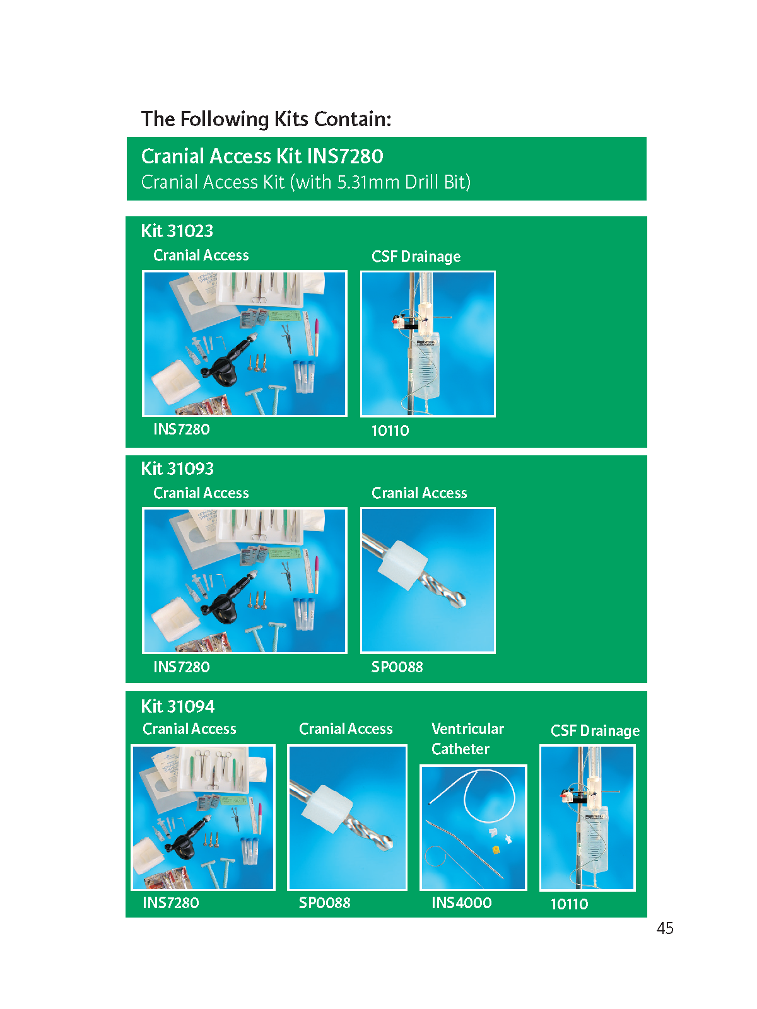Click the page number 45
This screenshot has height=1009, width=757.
[665, 928]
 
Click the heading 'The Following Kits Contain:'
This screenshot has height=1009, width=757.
[266, 119]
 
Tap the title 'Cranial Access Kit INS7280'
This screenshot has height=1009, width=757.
[262, 156]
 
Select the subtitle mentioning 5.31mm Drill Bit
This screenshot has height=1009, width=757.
[306, 182]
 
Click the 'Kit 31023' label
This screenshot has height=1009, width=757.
[177, 231]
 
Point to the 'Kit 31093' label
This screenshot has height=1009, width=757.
[177, 469]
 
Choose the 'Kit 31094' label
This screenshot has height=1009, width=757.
[177, 706]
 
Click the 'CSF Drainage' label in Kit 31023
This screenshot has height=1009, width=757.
[416, 257]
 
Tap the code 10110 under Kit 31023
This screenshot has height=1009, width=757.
[390, 431]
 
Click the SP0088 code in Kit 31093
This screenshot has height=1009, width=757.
[397, 667]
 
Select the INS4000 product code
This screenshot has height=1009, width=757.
[462, 902]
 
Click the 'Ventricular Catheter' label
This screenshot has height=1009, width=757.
[467, 738]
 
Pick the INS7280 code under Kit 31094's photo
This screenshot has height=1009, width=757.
[170, 902]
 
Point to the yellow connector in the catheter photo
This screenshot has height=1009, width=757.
[496, 849]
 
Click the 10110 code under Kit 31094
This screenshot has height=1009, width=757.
[570, 904]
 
